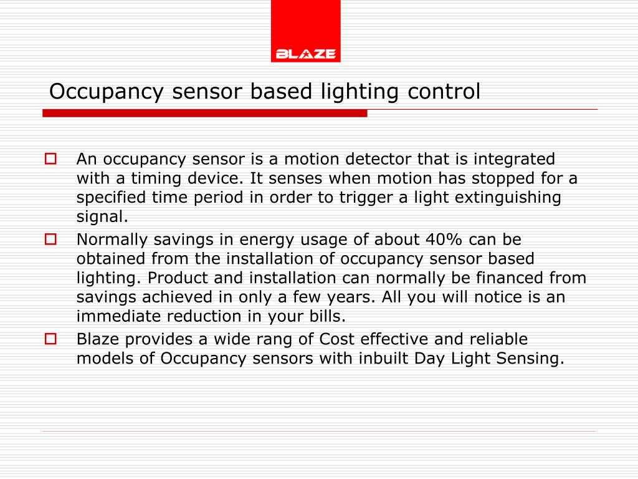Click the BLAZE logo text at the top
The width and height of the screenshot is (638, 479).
point(305,54)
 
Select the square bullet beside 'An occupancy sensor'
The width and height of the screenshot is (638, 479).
point(50,159)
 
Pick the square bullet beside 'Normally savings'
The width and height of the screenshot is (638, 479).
point(50,239)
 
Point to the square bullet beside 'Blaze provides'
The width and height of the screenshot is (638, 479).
point(50,339)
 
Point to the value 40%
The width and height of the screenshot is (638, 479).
point(445,239)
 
